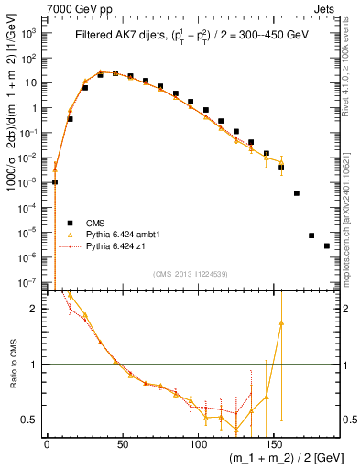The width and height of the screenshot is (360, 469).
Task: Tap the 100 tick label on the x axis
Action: (197, 444)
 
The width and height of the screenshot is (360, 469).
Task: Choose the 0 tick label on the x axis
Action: (47, 444)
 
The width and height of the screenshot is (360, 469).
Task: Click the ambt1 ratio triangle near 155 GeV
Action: (281, 322)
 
